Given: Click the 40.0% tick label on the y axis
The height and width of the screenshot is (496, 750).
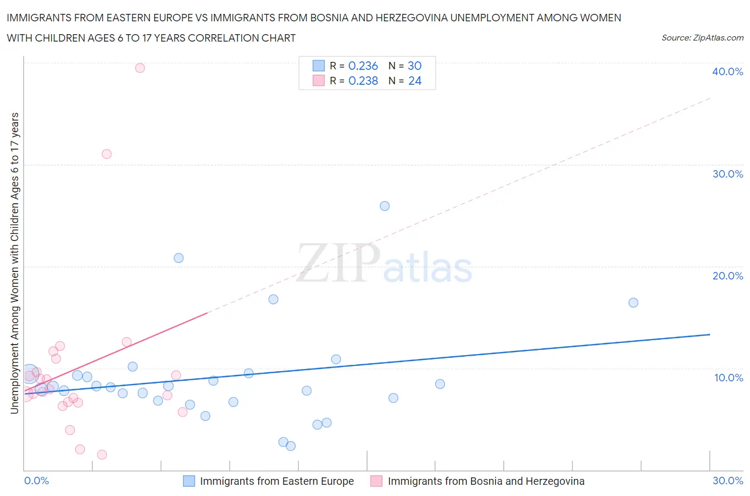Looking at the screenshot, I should (x=728, y=71).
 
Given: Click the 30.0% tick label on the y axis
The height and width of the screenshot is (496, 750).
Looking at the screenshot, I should (x=728, y=174).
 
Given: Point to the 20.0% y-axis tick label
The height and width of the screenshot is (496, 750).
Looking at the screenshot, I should (x=728, y=276).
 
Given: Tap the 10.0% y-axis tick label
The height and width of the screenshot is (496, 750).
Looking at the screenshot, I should (x=728, y=378).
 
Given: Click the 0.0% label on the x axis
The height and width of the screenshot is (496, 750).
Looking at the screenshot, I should (x=36, y=481).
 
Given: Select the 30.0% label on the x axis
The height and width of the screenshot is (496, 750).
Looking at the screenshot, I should (x=728, y=481).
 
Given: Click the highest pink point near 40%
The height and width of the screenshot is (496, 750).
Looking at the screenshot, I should (x=140, y=68).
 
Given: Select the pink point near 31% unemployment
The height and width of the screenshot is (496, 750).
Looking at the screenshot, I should (x=107, y=154).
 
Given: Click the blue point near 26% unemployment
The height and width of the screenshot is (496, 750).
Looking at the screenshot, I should (x=385, y=206).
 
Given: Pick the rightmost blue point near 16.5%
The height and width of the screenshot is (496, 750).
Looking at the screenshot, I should (x=633, y=302).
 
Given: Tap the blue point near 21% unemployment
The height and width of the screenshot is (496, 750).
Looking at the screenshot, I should (x=179, y=258).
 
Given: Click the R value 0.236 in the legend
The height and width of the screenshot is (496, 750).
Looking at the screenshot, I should (x=363, y=66).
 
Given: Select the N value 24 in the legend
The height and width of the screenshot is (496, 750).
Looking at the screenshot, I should (x=414, y=81).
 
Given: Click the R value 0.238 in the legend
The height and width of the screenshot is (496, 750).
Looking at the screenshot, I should (x=363, y=81).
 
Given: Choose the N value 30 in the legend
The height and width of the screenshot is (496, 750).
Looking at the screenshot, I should (x=414, y=66).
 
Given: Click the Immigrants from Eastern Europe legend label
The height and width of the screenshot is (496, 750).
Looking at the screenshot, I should (x=276, y=481).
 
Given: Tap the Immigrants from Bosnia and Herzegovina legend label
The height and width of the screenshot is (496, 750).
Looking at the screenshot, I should (x=485, y=481).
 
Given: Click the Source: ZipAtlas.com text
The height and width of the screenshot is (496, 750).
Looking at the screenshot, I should (x=702, y=38).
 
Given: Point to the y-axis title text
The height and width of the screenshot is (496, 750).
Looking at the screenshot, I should (x=15, y=263).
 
